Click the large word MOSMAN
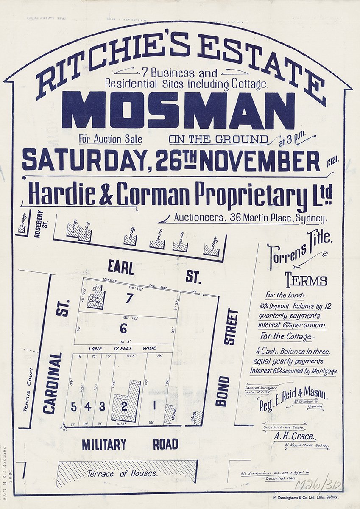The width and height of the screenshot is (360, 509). tap(178, 111)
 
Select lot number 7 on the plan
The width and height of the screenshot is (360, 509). tap(129, 298)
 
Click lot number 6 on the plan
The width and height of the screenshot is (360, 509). tap(123, 328)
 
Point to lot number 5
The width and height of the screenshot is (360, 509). tap(73, 406)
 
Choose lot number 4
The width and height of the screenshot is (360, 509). tap(87, 406)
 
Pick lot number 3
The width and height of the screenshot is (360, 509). tap(102, 406)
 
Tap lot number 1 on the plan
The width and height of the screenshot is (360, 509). tap(155, 406)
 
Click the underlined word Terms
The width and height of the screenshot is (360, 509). tap(306, 281)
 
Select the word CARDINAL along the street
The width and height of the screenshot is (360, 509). tap(50, 383)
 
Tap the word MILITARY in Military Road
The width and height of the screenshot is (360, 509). tap(104, 445)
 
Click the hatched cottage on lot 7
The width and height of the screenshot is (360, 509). tap(95, 300)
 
